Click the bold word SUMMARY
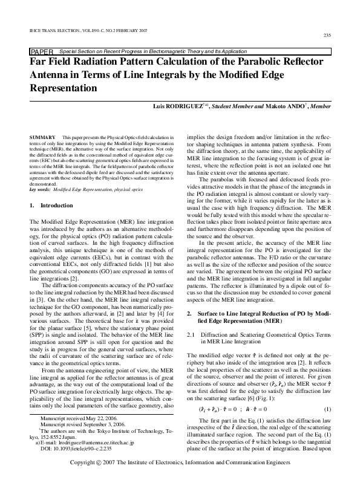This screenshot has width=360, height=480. coord(40,138)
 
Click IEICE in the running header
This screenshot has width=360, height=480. coord(36,28)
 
